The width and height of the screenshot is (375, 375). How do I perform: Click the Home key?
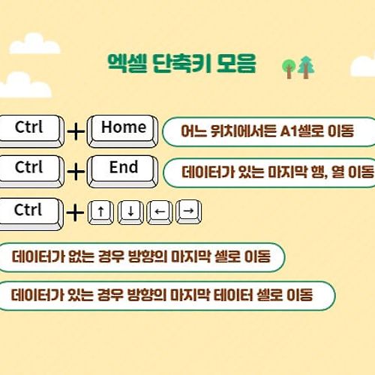click(x=123, y=131)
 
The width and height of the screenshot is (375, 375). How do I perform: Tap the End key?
click(x=123, y=172)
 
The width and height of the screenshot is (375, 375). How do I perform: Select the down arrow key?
click(x=130, y=212)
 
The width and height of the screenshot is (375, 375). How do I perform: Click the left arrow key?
click(x=160, y=212)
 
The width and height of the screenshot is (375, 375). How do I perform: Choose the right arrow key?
click(x=189, y=212)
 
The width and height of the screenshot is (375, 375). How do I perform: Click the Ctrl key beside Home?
click(x=31, y=131)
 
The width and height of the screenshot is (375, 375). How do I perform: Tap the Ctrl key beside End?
click(x=31, y=172)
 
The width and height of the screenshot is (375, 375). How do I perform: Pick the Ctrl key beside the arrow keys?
click(x=31, y=214)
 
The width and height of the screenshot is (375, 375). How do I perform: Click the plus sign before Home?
click(x=76, y=131)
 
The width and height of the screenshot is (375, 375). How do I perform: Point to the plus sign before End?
click(x=76, y=172)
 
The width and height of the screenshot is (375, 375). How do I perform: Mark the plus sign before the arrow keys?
click(x=75, y=213)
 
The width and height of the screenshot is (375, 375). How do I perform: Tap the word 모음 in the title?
click(x=236, y=63)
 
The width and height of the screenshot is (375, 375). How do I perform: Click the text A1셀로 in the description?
click(x=301, y=131)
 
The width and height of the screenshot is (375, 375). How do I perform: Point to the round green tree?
click(x=289, y=69)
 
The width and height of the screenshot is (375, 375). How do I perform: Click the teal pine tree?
click(x=306, y=67)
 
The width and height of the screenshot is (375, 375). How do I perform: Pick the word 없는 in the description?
click(x=81, y=256)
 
